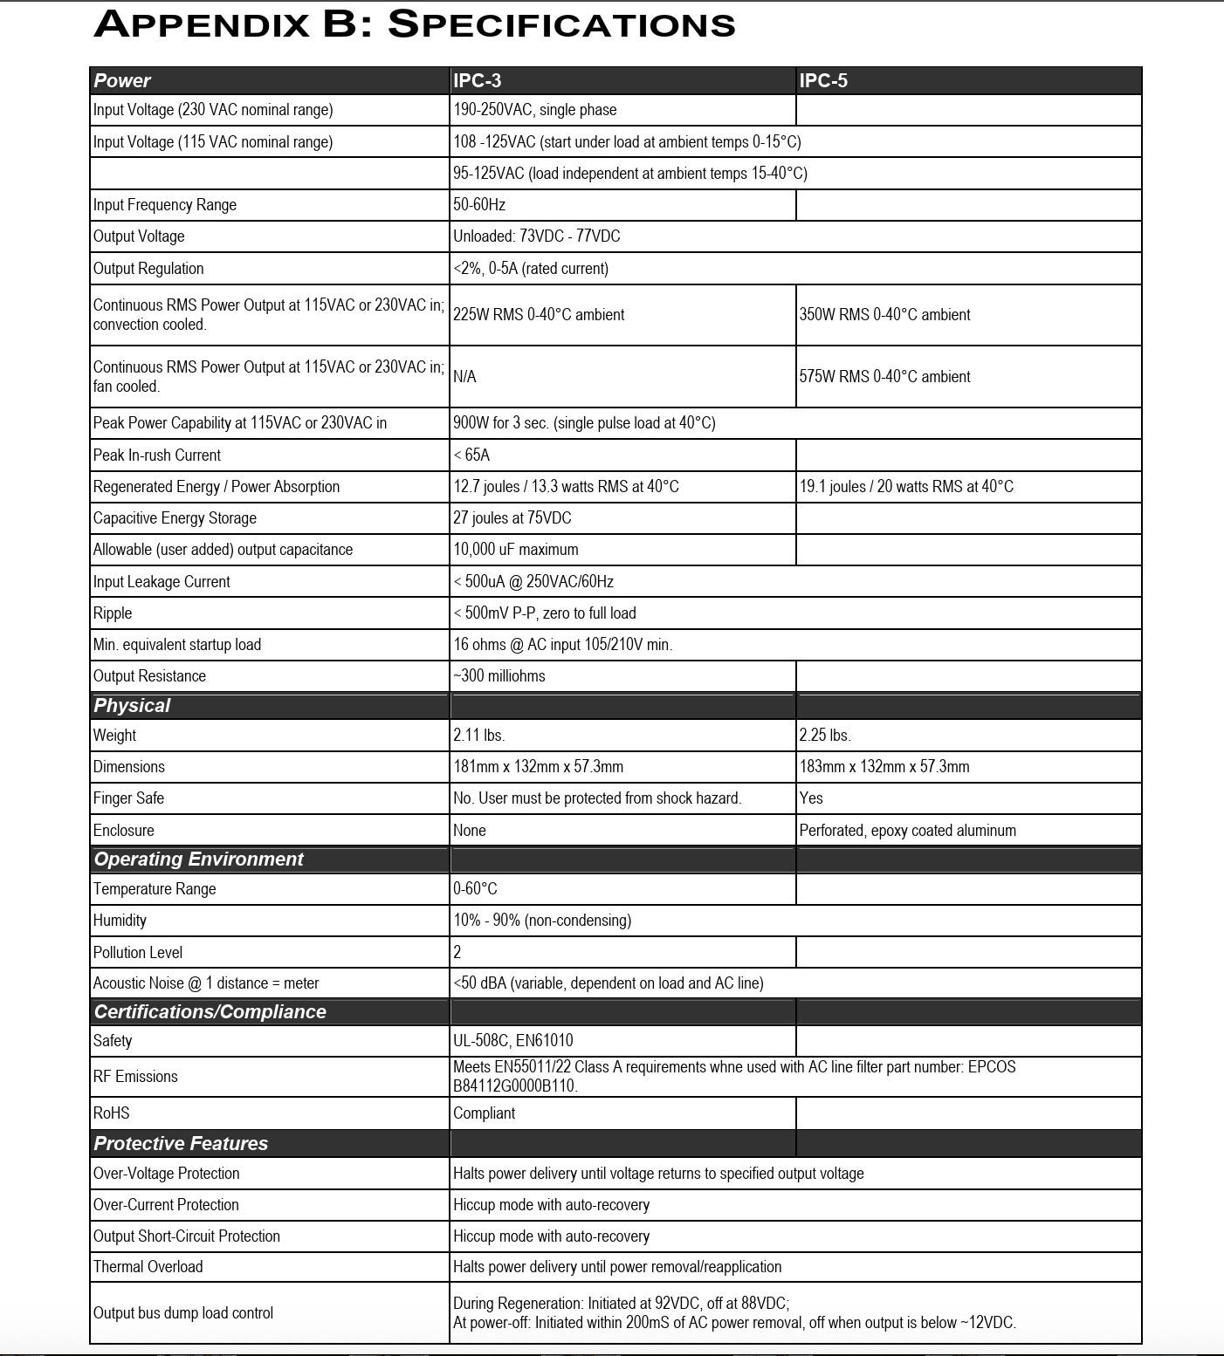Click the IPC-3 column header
[x=477, y=81]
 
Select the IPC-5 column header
[x=823, y=81]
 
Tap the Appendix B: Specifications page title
[x=415, y=24]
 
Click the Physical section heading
[x=132, y=706]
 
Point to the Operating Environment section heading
[x=198, y=859]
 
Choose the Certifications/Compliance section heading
[x=210, y=1012]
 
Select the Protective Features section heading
[x=181, y=1144]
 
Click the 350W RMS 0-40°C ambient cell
[x=884, y=315]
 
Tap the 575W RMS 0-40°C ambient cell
[x=884, y=377]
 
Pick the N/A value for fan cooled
[x=464, y=377]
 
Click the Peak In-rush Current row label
[x=157, y=455]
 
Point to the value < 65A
[x=471, y=455]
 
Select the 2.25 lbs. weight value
[x=825, y=736]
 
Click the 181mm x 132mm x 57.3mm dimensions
[x=538, y=767]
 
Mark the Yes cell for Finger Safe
[x=811, y=798]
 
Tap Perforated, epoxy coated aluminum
[x=907, y=831]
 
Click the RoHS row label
[x=112, y=1113]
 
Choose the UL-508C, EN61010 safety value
[x=512, y=1041]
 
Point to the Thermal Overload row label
[x=148, y=1267]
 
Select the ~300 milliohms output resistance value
[x=499, y=676]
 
